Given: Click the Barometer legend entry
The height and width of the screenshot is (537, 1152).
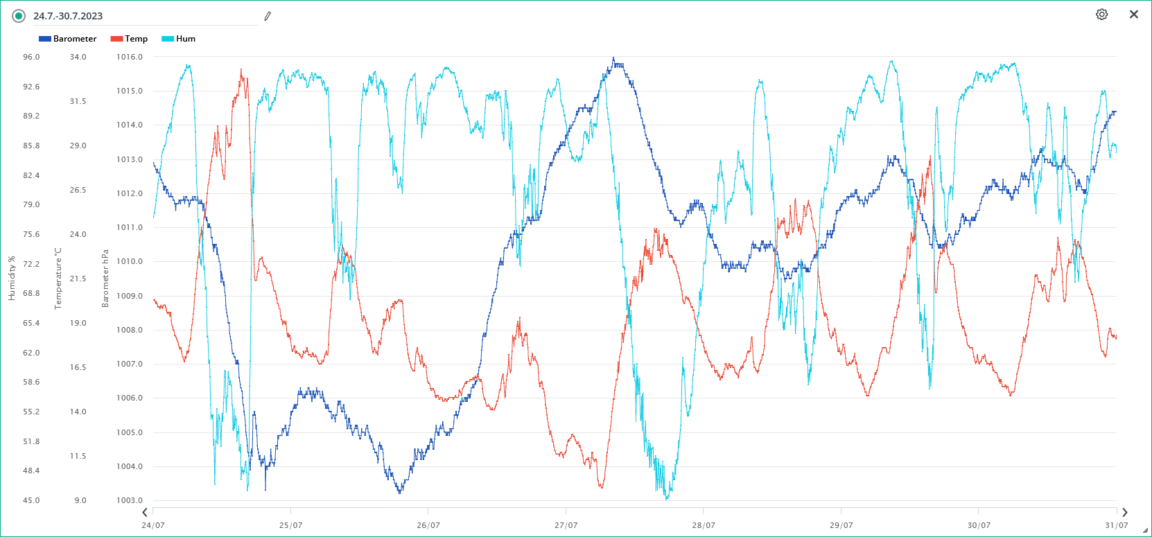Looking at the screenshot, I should coord(68,39).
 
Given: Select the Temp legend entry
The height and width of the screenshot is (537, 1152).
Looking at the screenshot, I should coord(130,39).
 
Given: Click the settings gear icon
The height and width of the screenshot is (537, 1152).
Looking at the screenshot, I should coord(1101,15).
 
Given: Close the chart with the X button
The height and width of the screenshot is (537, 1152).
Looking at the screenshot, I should coord(1134,15).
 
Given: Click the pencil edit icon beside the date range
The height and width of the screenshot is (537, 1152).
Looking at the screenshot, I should coord(268,16).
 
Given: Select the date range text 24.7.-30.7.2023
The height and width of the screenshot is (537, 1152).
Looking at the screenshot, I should coord(68,16).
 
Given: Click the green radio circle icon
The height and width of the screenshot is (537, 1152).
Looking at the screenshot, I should coord(19,16).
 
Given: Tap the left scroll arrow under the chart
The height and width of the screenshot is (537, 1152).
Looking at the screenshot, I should coord(145,513).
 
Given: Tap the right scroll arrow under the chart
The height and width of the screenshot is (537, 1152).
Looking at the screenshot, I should coord(1125,513).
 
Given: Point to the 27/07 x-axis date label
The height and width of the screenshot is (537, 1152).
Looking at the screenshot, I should coord(566,525).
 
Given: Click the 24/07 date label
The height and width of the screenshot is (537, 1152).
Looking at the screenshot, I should coord(153,525).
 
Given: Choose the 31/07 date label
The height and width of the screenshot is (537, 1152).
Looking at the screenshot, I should coord(1116,525).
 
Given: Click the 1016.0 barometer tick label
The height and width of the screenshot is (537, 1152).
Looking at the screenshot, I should coord(130,57).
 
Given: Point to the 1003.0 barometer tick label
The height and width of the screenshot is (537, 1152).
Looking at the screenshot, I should coord(130,500).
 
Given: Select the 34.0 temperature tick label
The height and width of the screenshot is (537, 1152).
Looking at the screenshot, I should coord(78,57).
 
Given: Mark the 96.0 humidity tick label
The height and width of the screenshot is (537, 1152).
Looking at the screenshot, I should coord(31,57).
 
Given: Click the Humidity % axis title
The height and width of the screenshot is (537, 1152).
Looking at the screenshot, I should coord(12,279).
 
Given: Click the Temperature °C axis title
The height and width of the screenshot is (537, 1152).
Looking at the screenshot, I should coord(58,279).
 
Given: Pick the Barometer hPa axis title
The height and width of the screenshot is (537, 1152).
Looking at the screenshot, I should coord(105,279).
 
